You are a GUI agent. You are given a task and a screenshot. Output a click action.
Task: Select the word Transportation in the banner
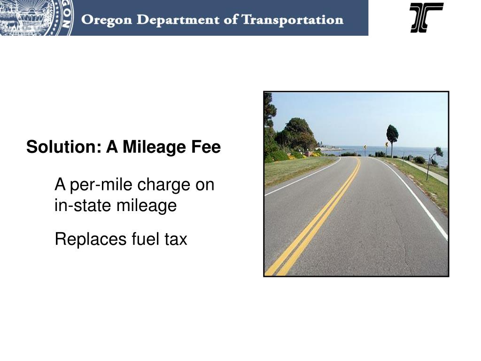(x=292, y=20)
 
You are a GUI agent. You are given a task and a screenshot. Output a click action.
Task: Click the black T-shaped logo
(x=426, y=17)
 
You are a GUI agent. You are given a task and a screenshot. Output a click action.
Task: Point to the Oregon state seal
(x=33, y=17)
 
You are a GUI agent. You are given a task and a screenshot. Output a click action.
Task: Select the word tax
(x=176, y=239)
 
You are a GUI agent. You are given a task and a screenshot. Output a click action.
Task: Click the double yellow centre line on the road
(x=319, y=216)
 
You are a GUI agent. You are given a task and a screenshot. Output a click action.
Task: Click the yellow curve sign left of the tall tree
(x=386, y=145)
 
